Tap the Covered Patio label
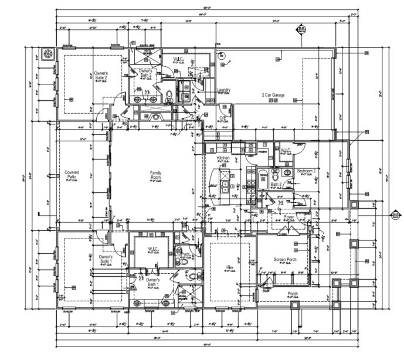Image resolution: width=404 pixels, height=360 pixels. (72, 175)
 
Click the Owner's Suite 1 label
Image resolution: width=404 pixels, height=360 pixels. (106, 259)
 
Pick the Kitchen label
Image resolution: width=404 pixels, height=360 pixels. (223, 158)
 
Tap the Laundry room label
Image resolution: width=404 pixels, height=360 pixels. (223, 90)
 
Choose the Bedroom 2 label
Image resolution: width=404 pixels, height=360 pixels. (306, 171)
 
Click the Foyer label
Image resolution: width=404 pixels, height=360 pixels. (288, 217)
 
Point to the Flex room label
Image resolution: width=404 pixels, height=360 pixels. (230, 267)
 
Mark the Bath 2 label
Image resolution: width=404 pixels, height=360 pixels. (276, 185)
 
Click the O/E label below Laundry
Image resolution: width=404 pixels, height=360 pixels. (223, 118)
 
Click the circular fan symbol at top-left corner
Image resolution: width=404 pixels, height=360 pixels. (47, 55)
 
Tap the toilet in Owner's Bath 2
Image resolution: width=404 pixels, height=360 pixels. (169, 96)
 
